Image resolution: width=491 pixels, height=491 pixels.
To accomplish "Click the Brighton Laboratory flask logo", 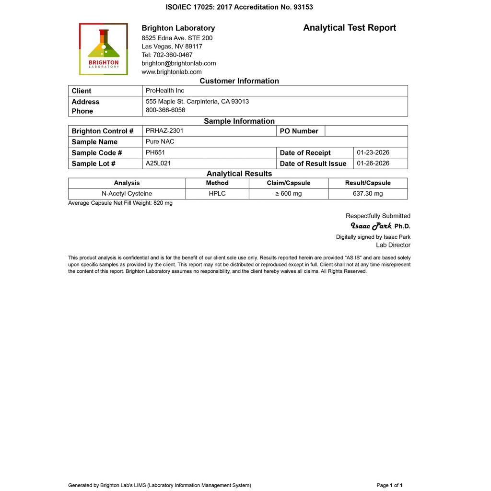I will (x=104, y=49).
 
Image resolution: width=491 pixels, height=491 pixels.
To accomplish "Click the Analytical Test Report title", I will (x=350, y=28).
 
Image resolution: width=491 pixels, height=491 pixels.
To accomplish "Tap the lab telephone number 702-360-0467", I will (x=167, y=55).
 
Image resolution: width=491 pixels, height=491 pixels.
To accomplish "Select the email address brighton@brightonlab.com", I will (x=179, y=63).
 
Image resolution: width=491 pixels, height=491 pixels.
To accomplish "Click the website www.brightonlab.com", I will (x=172, y=72).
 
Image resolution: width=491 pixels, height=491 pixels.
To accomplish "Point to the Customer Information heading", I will (x=239, y=81).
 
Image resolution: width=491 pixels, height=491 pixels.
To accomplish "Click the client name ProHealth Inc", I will (x=165, y=91).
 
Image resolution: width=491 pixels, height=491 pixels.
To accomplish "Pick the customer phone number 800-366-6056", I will (x=165, y=110).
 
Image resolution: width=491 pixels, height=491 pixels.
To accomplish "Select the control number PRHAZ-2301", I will (x=164, y=130).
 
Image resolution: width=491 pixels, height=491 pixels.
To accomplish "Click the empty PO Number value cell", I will (x=366, y=131).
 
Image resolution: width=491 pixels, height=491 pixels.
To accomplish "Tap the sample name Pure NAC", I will (x=160, y=141).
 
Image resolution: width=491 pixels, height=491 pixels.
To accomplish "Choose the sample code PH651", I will (x=155, y=152).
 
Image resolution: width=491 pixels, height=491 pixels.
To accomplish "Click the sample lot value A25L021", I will (x=158, y=163).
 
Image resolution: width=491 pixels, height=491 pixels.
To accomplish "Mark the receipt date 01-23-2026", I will (x=373, y=152).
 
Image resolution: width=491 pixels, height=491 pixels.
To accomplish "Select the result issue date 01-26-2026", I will (x=373, y=163).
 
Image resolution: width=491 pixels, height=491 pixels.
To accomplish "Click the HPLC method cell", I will (x=217, y=194).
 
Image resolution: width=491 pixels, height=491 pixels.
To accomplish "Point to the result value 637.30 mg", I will (x=368, y=194).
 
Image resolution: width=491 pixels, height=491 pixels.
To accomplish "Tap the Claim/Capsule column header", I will (x=289, y=183).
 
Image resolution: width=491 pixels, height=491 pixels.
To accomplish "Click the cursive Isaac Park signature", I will (x=371, y=226).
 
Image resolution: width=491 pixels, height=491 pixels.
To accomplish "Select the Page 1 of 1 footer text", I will (x=389, y=485).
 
